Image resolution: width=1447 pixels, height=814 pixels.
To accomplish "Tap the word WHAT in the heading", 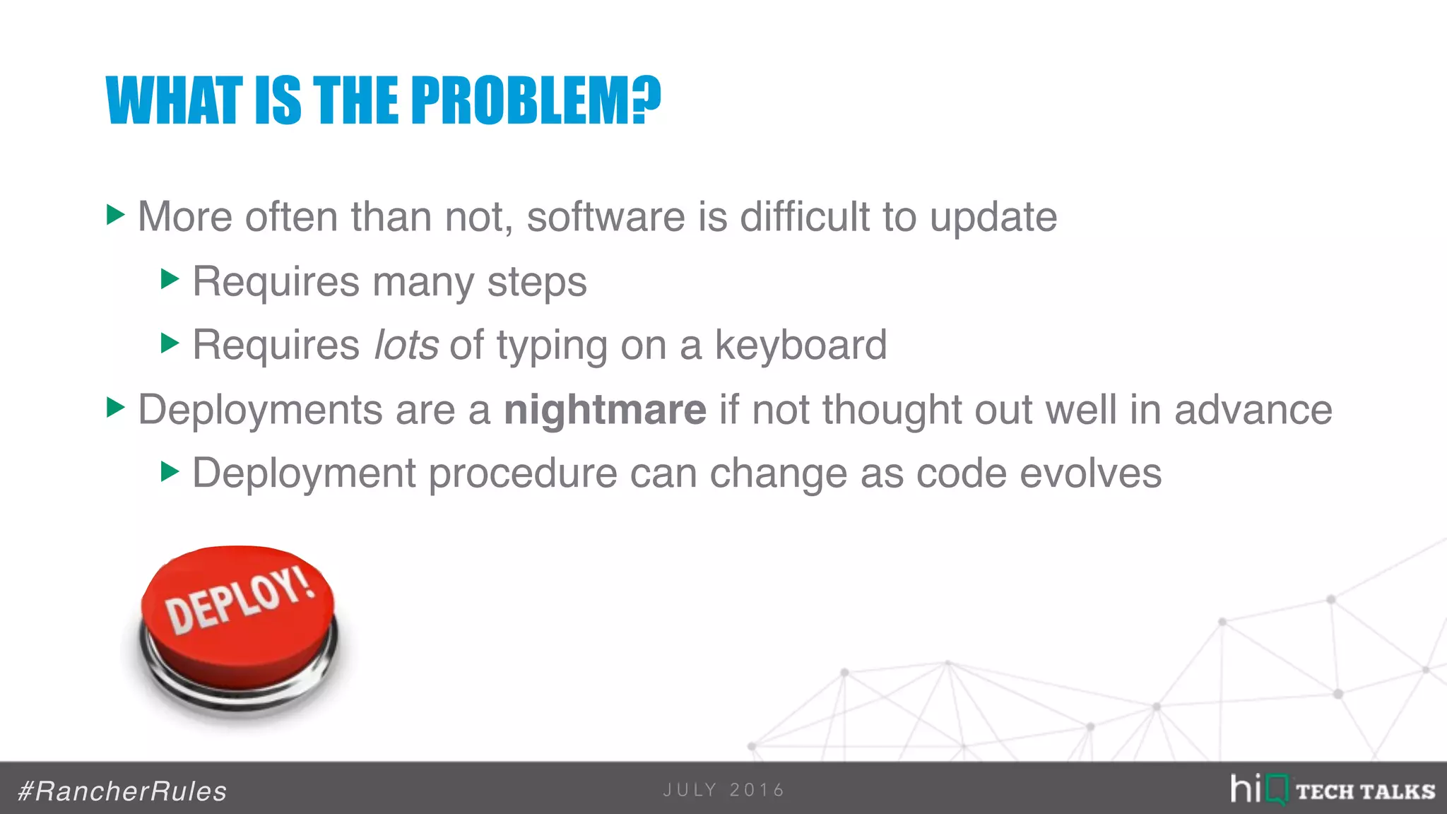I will [174, 100].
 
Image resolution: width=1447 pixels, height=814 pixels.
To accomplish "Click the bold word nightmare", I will [605, 410].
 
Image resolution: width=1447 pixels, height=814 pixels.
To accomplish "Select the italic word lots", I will [406, 345].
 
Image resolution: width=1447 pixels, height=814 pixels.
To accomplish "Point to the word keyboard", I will [801, 345].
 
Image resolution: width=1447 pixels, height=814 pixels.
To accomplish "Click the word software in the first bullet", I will [606, 216].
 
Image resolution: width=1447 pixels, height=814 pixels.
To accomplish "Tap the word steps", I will [537, 282].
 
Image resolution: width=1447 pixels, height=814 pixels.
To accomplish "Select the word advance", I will [1253, 410].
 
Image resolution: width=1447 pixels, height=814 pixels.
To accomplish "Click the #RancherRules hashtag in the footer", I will [122, 791].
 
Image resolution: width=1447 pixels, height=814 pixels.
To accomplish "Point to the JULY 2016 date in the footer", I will [723, 790].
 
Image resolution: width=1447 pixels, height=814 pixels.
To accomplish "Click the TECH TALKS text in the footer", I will [1365, 791].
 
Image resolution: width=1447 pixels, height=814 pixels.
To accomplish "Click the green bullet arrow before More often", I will [115, 215].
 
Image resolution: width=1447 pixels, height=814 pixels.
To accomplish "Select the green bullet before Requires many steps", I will [170, 279].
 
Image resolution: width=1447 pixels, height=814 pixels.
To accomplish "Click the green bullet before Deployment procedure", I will [170, 471].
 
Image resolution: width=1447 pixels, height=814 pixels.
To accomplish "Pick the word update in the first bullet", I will [993, 216].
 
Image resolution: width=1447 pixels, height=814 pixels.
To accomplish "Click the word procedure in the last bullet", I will [522, 473].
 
